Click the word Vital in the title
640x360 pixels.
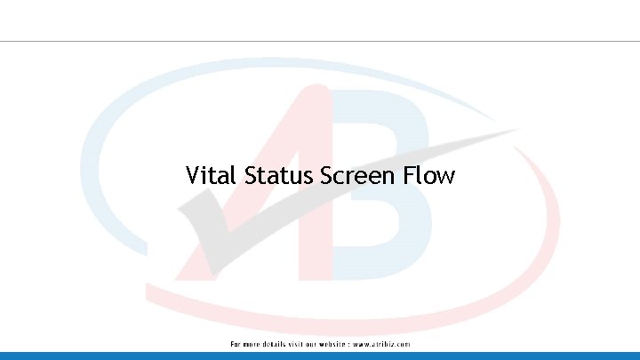coord(212,175)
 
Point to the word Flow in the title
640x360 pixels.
coord(428,175)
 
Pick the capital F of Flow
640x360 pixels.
coord(408,175)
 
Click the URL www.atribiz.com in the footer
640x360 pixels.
coord(381,344)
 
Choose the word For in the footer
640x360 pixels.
coord(236,344)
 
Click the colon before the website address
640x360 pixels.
coord(348,344)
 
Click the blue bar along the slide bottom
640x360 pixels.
coord(320,356)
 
